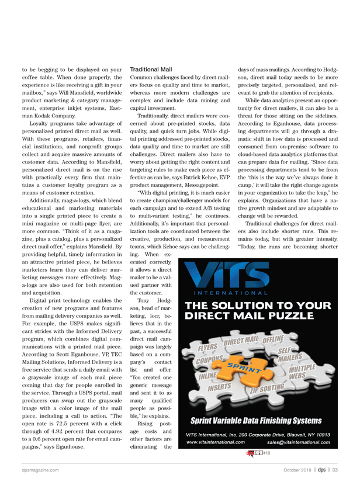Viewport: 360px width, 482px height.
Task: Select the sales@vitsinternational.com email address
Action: point(297,443)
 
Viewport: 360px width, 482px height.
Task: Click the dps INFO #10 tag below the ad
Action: point(257,453)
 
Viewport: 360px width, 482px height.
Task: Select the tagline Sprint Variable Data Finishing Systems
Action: point(256,421)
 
